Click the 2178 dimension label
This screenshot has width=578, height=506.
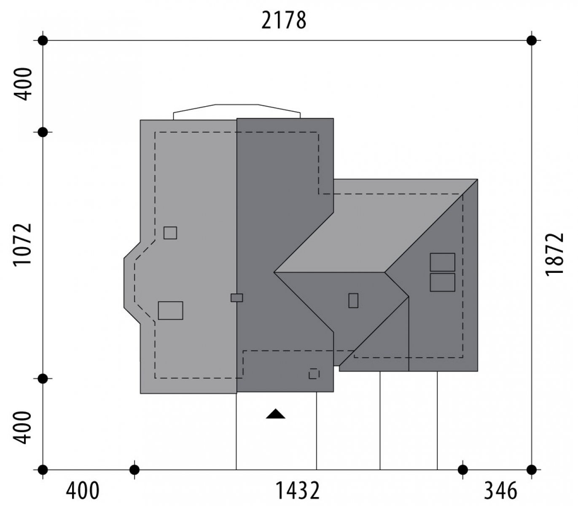pyautogui.click(x=284, y=21)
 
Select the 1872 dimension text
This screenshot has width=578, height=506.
pyautogui.click(x=555, y=254)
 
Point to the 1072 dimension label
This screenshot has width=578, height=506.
pyautogui.click(x=22, y=245)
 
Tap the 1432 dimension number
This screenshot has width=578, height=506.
pyautogui.click(x=297, y=491)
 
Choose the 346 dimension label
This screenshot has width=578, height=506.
pyautogui.click(x=500, y=491)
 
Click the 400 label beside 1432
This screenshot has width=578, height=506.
pyautogui.click(x=83, y=491)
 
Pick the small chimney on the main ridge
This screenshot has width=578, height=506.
pyautogui.click(x=237, y=298)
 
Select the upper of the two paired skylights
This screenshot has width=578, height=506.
pyautogui.click(x=442, y=262)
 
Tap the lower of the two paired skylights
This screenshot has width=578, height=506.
pyautogui.click(x=442, y=282)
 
